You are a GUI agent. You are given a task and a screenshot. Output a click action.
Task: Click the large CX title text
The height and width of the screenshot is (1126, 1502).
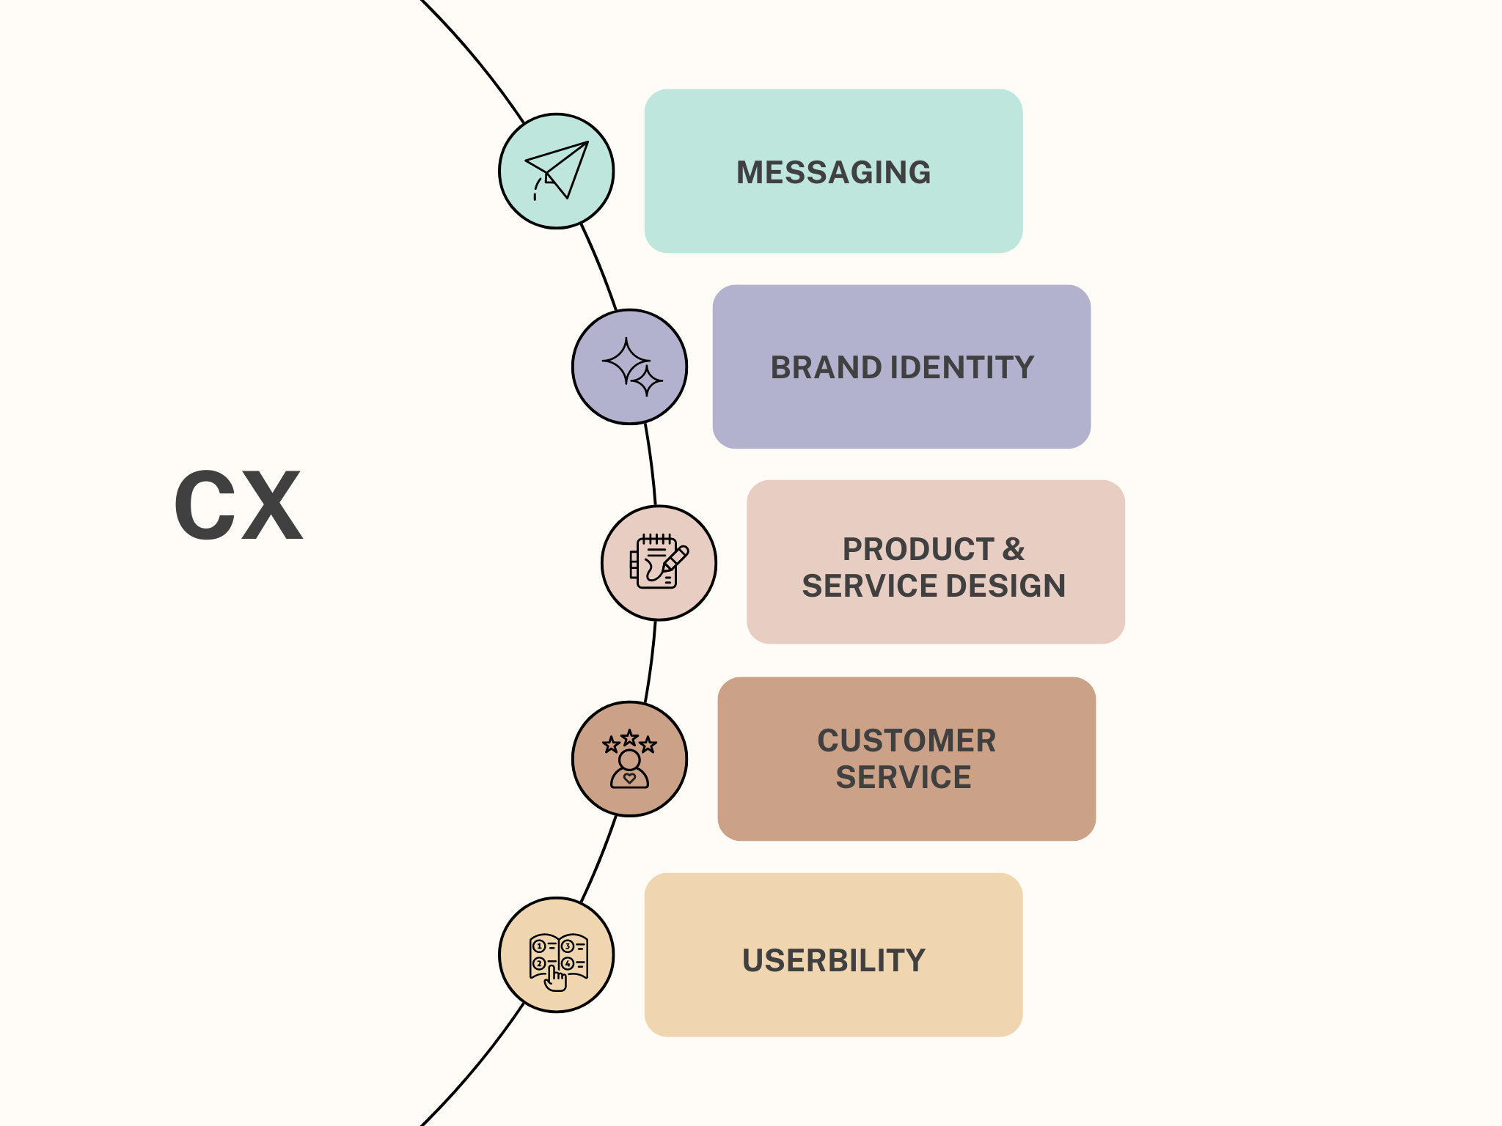pyautogui.click(x=238, y=506)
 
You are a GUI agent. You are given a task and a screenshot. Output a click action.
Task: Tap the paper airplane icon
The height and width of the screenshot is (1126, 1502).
pyautogui.click(x=557, y=170)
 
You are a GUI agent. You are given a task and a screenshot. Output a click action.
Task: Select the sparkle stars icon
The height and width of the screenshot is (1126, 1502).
pyautogui.click(x=630, y=367)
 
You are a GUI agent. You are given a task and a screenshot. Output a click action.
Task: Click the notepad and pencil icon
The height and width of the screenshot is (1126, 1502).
pyautogui.click(x=659, y=562)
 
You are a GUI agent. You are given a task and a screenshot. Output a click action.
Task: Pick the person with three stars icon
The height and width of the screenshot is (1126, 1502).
pyautogui.click(x=629, y=759)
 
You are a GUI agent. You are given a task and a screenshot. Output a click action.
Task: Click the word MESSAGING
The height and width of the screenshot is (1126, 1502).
pyautogui.click(x=833, y=173)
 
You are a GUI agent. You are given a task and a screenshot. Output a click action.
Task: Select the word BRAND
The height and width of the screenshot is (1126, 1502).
pyautogui.click(x=825, y=368)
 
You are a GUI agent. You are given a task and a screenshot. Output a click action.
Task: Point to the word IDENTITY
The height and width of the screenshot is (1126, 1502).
pyautogui.click(x=962, y=368)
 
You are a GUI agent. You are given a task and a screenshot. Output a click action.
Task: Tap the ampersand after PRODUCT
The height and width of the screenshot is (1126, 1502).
pyautogui.click(x=1014, y=549)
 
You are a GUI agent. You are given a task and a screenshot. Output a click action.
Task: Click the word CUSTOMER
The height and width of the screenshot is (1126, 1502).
pyautogui.click(x=906, y=740)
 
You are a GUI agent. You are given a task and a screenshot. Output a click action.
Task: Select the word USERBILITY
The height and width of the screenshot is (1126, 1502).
pyautogui.click(x=833, y=960)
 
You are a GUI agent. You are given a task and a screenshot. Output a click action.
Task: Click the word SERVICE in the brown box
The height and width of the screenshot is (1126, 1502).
pyautogui.click(x=904, y=777)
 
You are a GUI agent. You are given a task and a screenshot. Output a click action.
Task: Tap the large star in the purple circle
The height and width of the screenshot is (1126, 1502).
pyautogui.click(x=626, y=361)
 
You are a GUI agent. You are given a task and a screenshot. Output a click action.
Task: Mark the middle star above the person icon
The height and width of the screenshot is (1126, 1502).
pyautogui.click(x=629, y=737)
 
